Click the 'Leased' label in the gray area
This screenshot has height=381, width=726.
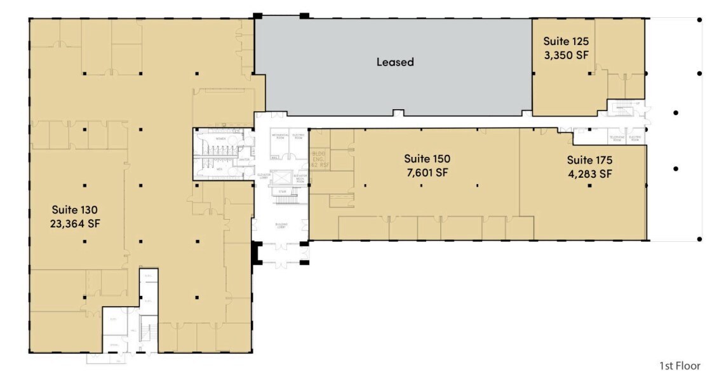click(x=394, y=62)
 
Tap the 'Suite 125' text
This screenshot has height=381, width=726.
click(x=565, y=42)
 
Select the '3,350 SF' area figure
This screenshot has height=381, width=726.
click(x=565, y=55)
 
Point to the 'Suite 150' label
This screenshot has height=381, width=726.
click(x=427, y=159)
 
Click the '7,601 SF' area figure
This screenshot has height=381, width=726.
click(x=427, y=172)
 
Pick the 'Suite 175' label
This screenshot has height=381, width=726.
click(x=589, y=159)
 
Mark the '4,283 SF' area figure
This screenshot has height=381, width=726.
click(x=589, y=173)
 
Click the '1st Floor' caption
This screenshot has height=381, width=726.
click(x=680, y=366)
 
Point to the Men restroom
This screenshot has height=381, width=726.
click(x=218, y=170)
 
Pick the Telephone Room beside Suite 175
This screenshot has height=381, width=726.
click(x=615, y=138)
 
